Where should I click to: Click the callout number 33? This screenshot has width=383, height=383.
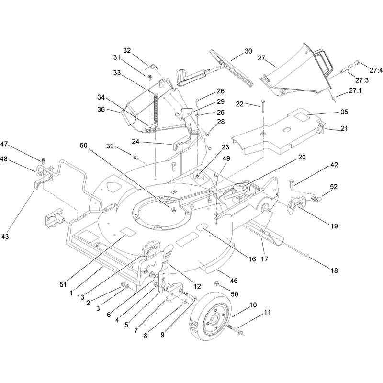[x=117, y=73]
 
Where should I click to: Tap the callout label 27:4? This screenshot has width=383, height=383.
[x=376, y=70]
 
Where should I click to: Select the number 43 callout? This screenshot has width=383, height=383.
[x=5, y=237]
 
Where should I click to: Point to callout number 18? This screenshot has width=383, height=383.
[x=334, y=270]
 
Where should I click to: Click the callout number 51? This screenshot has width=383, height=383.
[x=63, y=284]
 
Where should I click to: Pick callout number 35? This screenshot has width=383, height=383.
[x=344, y=112]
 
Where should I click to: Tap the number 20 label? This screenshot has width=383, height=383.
[x=302, y=157]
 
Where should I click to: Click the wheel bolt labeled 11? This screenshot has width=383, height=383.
[x=235, y=329]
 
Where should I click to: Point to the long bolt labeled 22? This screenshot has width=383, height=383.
[x=263, y=106]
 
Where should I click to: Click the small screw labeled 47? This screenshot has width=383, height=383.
[x=43, y=161]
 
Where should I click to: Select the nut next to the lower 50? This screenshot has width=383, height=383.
[x=216, y=283]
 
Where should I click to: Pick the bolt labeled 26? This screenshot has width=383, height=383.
[x=197, y=102]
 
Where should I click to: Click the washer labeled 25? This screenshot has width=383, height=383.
[x=197, y=114]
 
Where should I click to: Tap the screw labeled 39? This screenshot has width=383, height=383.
[x=135, y=158]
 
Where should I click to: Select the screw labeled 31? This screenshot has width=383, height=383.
[x=149, y=77]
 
